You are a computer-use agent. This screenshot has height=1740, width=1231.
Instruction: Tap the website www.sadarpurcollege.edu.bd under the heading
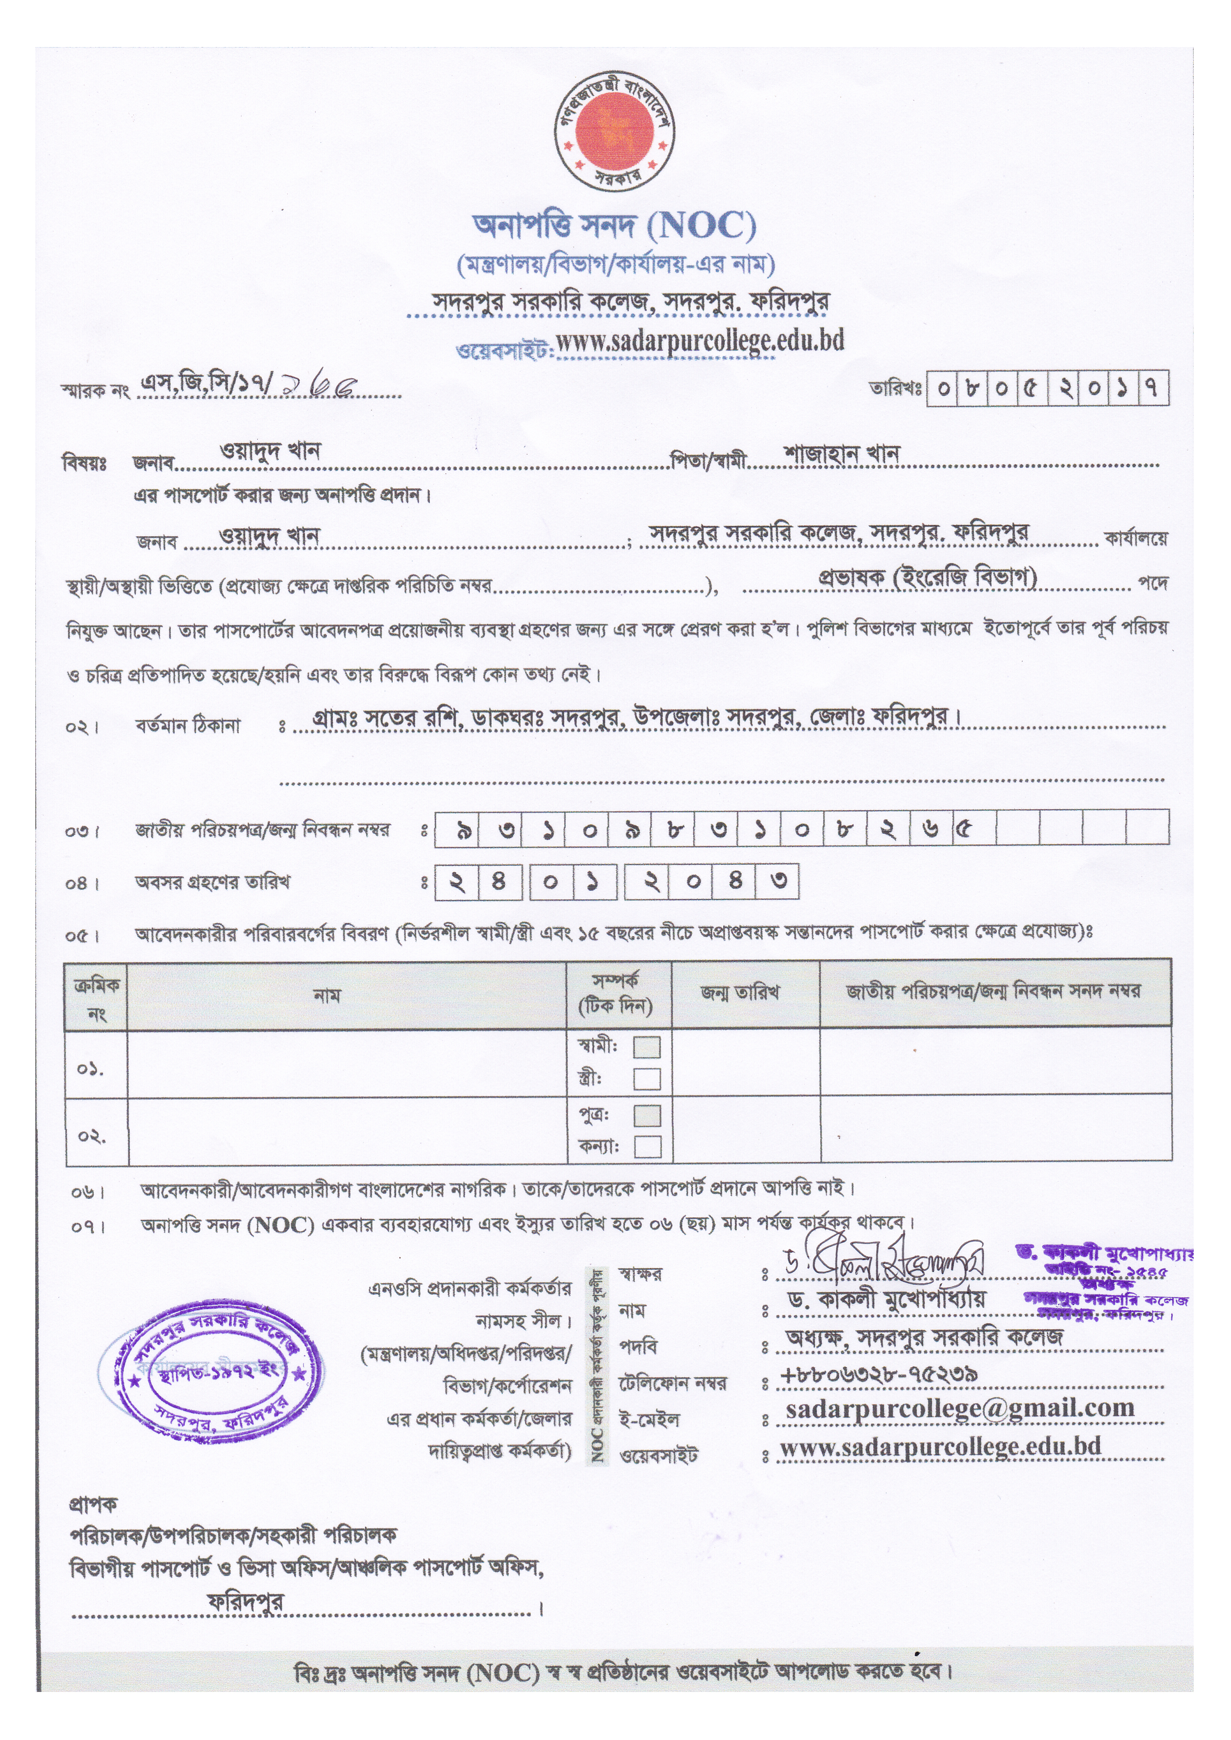point(699,342)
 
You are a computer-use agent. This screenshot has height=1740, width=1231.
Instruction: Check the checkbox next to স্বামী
point(647,1047)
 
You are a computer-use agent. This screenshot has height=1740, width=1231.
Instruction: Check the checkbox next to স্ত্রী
point(647,1078)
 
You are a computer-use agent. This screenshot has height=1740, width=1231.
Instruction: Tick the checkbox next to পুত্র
point(647,1116)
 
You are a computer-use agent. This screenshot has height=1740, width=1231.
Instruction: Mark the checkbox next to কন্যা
point(647,1146)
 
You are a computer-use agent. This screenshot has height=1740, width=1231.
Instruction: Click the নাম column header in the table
point(327,995)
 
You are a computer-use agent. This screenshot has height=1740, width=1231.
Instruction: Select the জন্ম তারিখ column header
point(740,993)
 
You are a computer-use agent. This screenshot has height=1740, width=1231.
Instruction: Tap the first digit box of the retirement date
point(457,883)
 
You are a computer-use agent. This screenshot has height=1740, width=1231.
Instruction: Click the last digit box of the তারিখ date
point(1152,389)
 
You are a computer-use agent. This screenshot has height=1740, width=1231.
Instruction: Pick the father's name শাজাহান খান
point(841,453)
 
